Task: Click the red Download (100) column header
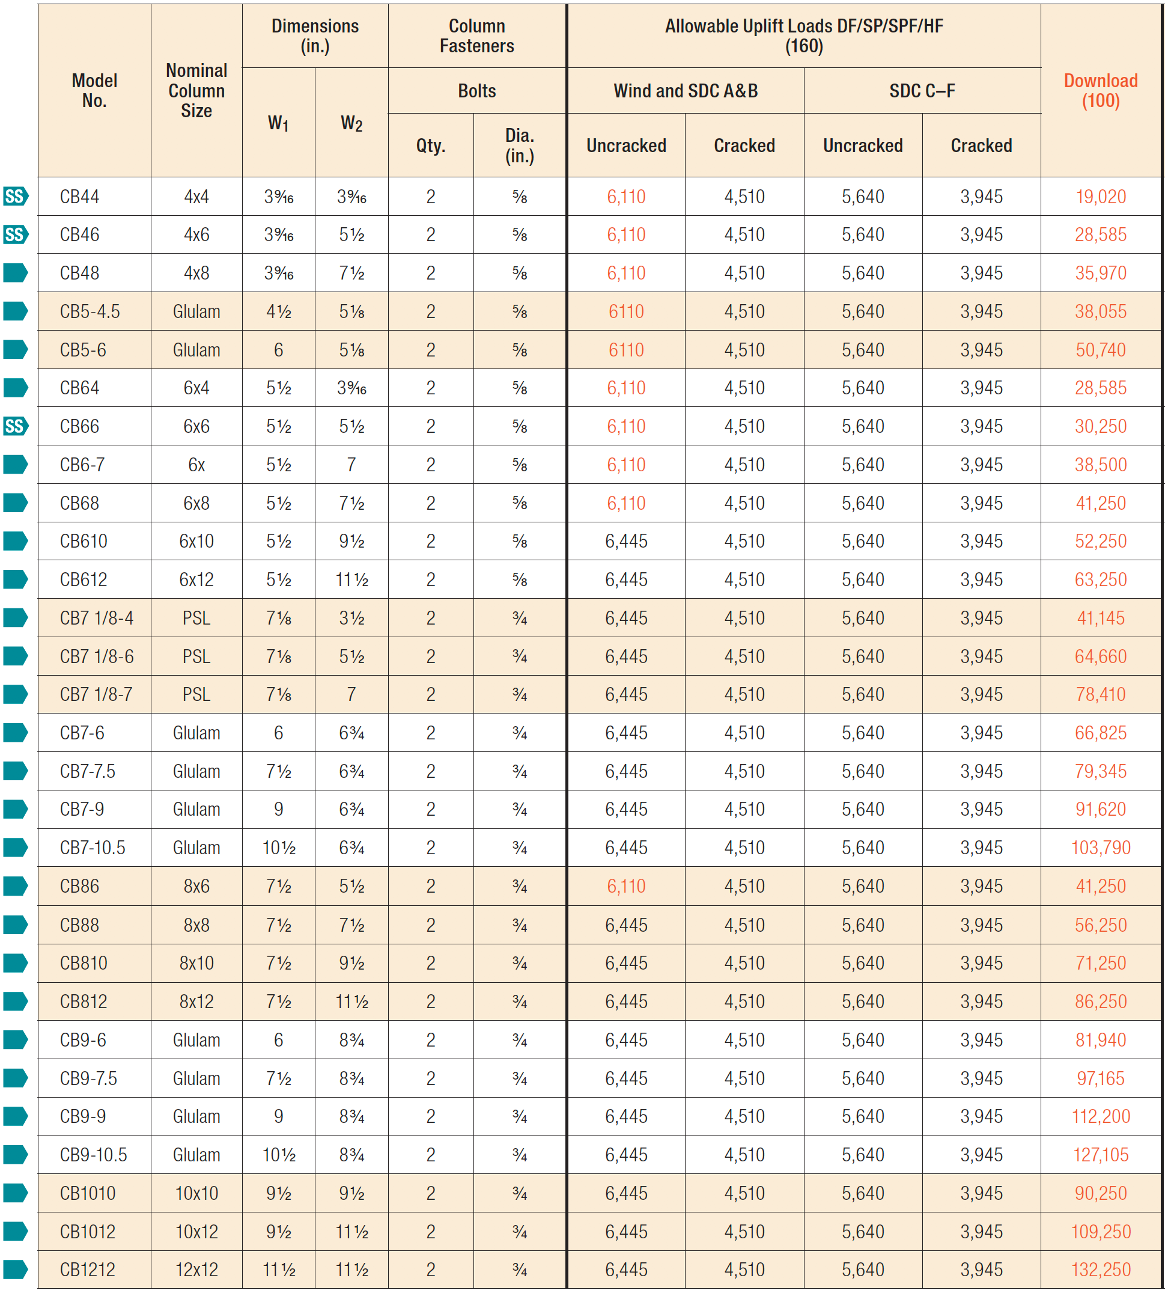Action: tap(1100, 90)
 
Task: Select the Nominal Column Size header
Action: tap(196, 90)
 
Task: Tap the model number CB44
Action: tap(79, 197)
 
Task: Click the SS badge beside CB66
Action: tap(15, 426)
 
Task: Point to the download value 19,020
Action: tap(1100, 197)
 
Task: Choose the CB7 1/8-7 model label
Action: tap(96, 694)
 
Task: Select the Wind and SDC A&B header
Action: tap(685, 91)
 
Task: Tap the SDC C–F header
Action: tap(922, 91)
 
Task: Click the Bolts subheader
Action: tap(477, 91)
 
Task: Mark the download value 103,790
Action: tap(1100, 847)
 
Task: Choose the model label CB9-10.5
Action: tap(94, 1154)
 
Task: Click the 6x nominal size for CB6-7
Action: tap(196, 464)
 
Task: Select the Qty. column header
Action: tap(431, 145)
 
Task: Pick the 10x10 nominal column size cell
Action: tap(196, 1193)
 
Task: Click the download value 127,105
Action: tap(1100, 1154)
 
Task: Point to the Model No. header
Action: tap(94, 90)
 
